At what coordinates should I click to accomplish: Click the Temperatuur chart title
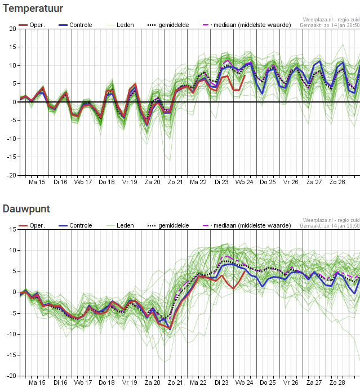tap(33, 8)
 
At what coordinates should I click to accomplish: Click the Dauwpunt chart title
tap(26, 209)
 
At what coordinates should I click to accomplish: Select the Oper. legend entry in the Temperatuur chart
tap(32, 25)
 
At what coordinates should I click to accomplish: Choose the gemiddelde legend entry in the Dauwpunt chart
tap(168, 225)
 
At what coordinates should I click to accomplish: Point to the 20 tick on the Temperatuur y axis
tap(12, 29)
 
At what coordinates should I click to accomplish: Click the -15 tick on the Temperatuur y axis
tap(11, 157)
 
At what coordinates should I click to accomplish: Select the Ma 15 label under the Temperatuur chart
tap(37, 182)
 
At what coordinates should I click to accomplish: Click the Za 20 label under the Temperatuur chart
tap(153, 182)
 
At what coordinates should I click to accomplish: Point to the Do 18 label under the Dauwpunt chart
tap(106, 382)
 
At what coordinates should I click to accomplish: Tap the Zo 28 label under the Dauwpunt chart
tap(337, 382)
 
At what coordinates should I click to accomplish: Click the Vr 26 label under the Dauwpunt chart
tap(291, 382)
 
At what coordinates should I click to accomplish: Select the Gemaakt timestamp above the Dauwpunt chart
tap(330, 225)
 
